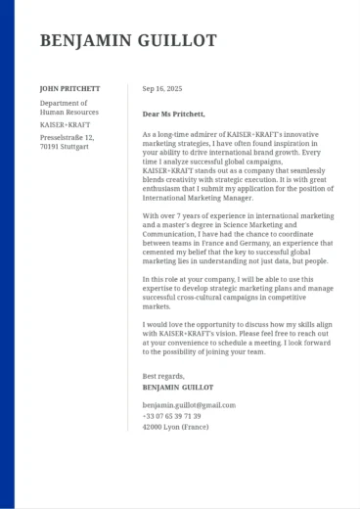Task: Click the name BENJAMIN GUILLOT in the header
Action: click(x=128, y=40)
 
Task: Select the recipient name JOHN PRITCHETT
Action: click(x=69, y=88)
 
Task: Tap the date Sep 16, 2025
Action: click(x=162, y=88)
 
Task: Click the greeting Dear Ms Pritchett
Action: click(x=174, y=114)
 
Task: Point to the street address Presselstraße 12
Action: click(x=67, y=138)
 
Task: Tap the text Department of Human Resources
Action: click(x=64, y=107)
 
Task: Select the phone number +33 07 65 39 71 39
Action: click(x=171, y=416)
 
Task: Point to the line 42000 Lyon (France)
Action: click(x=175, y=427)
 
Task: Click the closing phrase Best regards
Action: click(x=163, y=376)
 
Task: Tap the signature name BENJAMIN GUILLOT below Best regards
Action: click(x=180, y=388)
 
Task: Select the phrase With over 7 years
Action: click(x=172, y=215)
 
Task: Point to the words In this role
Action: click(x=161, y=279)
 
